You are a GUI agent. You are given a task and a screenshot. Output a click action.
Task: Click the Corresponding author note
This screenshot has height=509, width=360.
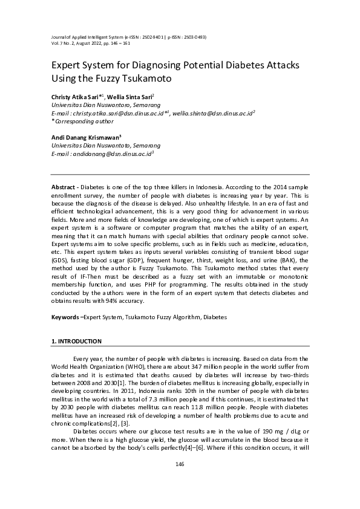[80, 121]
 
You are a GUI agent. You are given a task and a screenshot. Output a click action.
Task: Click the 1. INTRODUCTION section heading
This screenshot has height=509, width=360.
[76, 342]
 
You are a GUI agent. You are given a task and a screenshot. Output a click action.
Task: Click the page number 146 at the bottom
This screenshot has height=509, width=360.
[179, 464]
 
